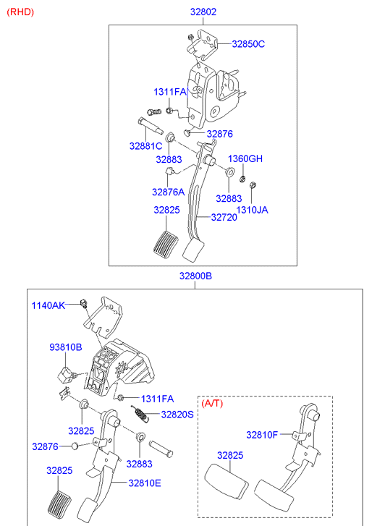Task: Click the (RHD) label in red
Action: tap(20, 12)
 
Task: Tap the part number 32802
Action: tap(203, 12)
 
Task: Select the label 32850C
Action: tap(248, 44)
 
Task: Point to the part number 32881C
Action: tap(145, 146)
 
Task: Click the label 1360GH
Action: tap(245, 158)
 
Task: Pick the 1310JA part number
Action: tap(252, 210)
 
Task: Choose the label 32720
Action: tap(224, 217)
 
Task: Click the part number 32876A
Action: tap(168, 192)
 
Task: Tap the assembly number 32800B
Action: tap(195, 276)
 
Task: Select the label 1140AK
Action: tap(48, 305)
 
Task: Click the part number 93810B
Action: tap(66, 347)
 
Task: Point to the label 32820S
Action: tap(177, 415)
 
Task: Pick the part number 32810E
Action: tap(145, 483)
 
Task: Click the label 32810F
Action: tap(262, 435)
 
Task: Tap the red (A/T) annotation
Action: tap(212, 403)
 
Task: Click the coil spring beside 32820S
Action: tap(139, 414)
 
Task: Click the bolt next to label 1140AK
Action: tap(84, 303)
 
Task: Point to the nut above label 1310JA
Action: tap(253, 184)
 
